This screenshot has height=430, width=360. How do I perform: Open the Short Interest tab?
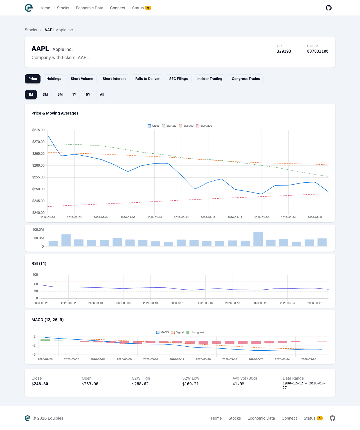[114, 79]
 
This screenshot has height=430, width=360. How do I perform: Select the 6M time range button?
[60, 95]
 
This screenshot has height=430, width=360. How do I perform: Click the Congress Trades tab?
[246, 79]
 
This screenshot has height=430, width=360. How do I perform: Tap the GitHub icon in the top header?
[328, 8]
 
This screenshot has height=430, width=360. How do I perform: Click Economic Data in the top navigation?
[89, 8]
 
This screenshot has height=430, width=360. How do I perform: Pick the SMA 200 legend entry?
[204, 126]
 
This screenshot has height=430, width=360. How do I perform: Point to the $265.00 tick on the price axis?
[38, 154]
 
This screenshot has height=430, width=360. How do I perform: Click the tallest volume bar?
[258, 239]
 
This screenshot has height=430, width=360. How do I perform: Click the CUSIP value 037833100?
[318, 51]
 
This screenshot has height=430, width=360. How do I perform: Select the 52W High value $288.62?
[140, 384]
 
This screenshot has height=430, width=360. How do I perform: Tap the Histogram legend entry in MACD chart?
[195, 332]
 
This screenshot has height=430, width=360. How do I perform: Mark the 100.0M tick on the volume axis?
[38, 230]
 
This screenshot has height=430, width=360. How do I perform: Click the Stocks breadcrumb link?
[31, 30]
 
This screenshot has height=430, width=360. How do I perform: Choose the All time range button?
[102, 95]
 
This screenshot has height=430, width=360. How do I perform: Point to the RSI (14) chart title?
[39, 263]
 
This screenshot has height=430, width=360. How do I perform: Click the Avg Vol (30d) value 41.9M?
[238, 384]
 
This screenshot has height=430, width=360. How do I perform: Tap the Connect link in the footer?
[289, 418]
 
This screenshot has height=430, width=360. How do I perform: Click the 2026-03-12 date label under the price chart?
[181, 218]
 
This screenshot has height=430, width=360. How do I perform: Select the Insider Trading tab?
[210, 79]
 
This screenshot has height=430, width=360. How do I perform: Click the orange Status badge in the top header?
[148, 8]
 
